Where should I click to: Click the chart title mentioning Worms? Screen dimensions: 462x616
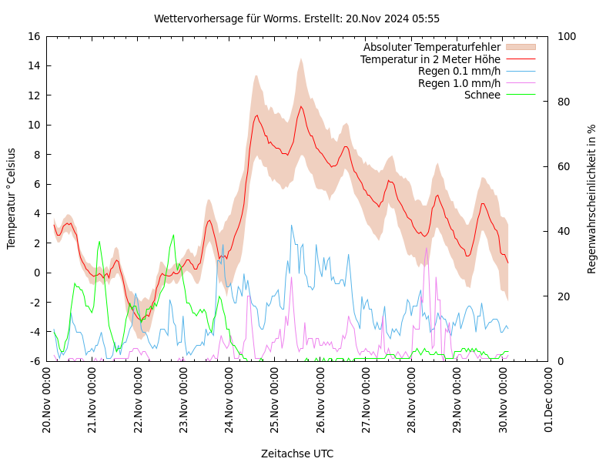coord(296,18)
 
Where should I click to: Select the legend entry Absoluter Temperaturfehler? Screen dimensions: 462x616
coord(432,47)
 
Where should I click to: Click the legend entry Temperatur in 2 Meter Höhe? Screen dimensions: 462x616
coord(430,59)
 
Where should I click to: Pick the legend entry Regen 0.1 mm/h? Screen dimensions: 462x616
coord(459,71)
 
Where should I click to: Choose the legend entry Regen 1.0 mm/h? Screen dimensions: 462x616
coord(459,83)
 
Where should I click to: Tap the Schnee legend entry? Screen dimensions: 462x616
coord(482,95)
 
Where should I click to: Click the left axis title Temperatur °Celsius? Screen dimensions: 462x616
coord(12,198)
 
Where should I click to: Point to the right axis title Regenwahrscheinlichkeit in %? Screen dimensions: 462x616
coord(592,199)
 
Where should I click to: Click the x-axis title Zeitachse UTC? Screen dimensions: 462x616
coord(297,454)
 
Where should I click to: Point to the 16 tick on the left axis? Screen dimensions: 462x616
coord(34,36)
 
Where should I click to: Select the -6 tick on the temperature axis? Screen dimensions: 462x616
coord(34,361)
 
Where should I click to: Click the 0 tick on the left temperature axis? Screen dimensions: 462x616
coord(37,273)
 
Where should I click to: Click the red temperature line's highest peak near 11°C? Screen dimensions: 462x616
coord(301,106)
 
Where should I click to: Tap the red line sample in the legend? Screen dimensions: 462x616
coord(520,59)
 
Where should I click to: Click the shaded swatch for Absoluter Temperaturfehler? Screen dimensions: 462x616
coord(520,47)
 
